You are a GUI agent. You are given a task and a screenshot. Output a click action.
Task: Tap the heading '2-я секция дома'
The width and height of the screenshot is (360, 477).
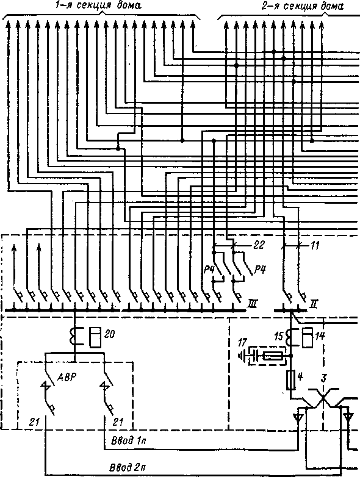point(303,5)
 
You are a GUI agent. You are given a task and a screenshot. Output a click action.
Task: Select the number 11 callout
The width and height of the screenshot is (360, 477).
point(314,245)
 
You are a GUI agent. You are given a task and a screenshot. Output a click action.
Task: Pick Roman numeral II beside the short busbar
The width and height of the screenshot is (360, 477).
point(314,304)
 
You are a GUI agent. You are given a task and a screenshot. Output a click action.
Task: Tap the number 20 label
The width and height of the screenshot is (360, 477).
point(109,335)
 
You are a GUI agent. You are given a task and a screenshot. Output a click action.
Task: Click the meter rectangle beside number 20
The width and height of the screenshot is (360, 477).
point(95,337)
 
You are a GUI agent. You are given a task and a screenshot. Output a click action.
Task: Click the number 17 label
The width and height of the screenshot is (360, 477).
point(242,343)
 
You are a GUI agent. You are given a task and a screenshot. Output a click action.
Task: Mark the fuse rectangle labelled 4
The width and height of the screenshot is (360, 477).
point(291,379)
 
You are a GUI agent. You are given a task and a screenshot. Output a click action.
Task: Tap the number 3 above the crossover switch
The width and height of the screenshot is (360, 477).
point(324,378)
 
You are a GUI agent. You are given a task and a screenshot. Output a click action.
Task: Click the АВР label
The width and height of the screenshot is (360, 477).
point(67,378)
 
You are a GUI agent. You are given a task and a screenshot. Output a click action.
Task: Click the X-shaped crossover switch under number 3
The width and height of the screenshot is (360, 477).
point(323,398)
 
